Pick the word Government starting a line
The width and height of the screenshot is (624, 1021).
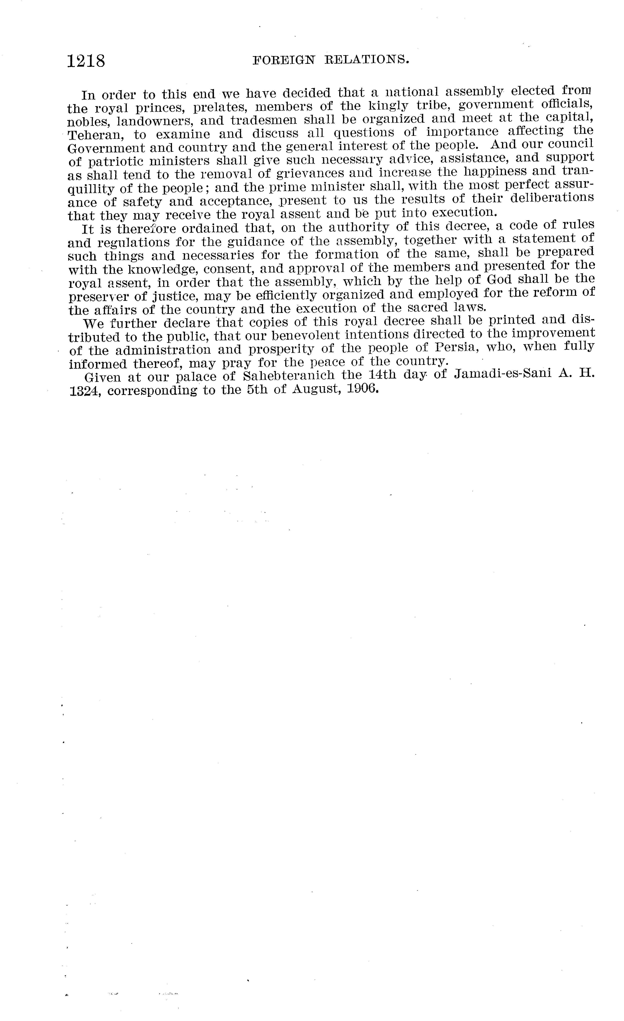click(106, 148)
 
